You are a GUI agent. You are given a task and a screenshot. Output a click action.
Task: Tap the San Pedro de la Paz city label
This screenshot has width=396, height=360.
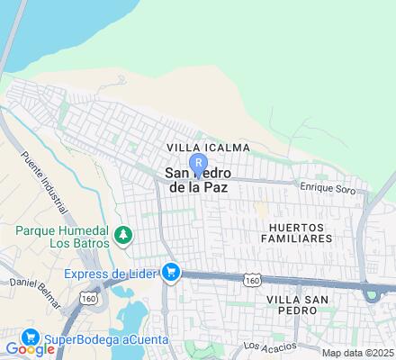[x=197, y=180]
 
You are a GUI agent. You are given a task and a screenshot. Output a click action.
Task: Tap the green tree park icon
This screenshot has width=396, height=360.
[x=122, y=236]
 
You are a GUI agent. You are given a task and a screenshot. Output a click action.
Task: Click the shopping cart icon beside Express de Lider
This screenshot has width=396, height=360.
[x=170, y=272]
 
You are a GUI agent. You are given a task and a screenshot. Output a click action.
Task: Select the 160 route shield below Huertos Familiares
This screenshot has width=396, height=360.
[x=251, y=282]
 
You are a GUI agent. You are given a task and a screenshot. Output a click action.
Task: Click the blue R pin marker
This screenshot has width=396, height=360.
[x=197, y=162]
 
